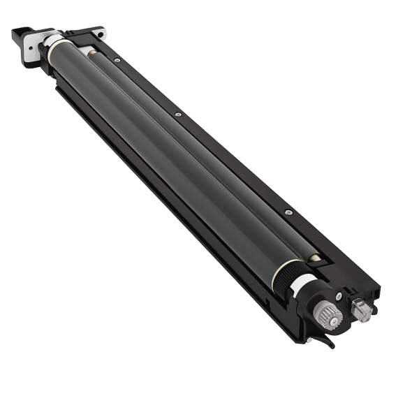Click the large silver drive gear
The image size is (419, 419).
pyautogui.click(x=326, y=315)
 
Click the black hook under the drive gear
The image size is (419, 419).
pyautogui.click(x=325, y=341)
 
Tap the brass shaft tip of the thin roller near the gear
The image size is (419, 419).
pyautogui.click(x=314, y=258)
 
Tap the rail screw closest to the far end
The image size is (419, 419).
pyautogui.click(x=117, y=61)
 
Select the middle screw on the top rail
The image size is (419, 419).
pyautogui.click(x=178, y=114)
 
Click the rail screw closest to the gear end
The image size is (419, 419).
pyautogui.click(x=287, y=210)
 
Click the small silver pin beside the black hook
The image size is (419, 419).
pyautogui.click(x=307, y=340)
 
